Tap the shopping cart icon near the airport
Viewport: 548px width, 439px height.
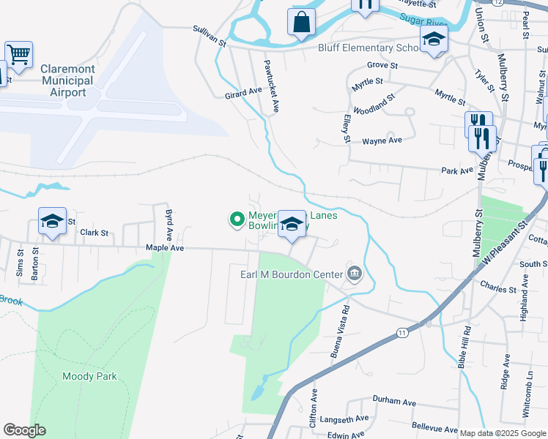pos(18,54)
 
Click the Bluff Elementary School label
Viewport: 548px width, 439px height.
pos(366,48)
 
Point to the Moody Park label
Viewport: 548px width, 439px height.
pos(89,377)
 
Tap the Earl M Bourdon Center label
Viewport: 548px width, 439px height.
pos(292,274)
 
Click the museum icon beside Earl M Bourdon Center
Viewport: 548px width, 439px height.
pos(355,274)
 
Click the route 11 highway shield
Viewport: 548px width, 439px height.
pos(402,333)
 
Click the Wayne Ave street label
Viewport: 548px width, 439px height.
pos(382,140)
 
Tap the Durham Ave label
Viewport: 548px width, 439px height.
pos(393,402)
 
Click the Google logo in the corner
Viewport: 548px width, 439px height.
pos(24,430)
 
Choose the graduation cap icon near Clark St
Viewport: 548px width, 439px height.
pos(53,222)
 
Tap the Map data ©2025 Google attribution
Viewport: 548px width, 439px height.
pos(503,433)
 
